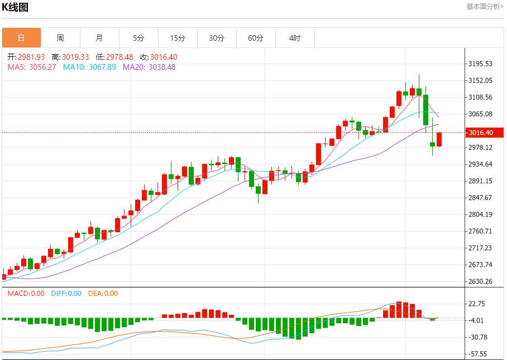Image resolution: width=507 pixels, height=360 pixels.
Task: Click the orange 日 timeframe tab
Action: tap(21, 38)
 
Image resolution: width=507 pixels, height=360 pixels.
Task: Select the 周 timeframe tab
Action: tap(60, 38)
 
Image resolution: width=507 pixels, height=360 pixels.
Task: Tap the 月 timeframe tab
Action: tap(99, 38)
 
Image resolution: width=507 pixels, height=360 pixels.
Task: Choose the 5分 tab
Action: tap(138, 38)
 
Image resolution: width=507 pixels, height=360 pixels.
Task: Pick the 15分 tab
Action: tap(178, 38)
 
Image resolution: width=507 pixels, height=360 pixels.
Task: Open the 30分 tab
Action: tap(217, 38)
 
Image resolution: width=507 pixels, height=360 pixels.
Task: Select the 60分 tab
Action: tap(256, 38)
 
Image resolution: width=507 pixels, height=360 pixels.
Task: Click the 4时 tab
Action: tap(295, 38)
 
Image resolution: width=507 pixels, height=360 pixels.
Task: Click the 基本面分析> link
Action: tap(485, 7)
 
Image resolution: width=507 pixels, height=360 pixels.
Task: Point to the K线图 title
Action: tap(16, 7)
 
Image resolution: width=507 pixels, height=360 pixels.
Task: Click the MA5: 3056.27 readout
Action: tap(31, 67)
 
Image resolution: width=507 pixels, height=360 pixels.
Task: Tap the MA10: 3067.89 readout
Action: tap(89, 67)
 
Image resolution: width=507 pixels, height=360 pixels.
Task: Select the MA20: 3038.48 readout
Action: tap(149, 67)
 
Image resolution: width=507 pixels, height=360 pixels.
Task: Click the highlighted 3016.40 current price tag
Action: tap(481, 133)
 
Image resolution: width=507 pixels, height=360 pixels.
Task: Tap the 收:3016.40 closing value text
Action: tap(159, 57)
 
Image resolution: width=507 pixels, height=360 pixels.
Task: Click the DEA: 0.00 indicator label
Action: tap(103, 293)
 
